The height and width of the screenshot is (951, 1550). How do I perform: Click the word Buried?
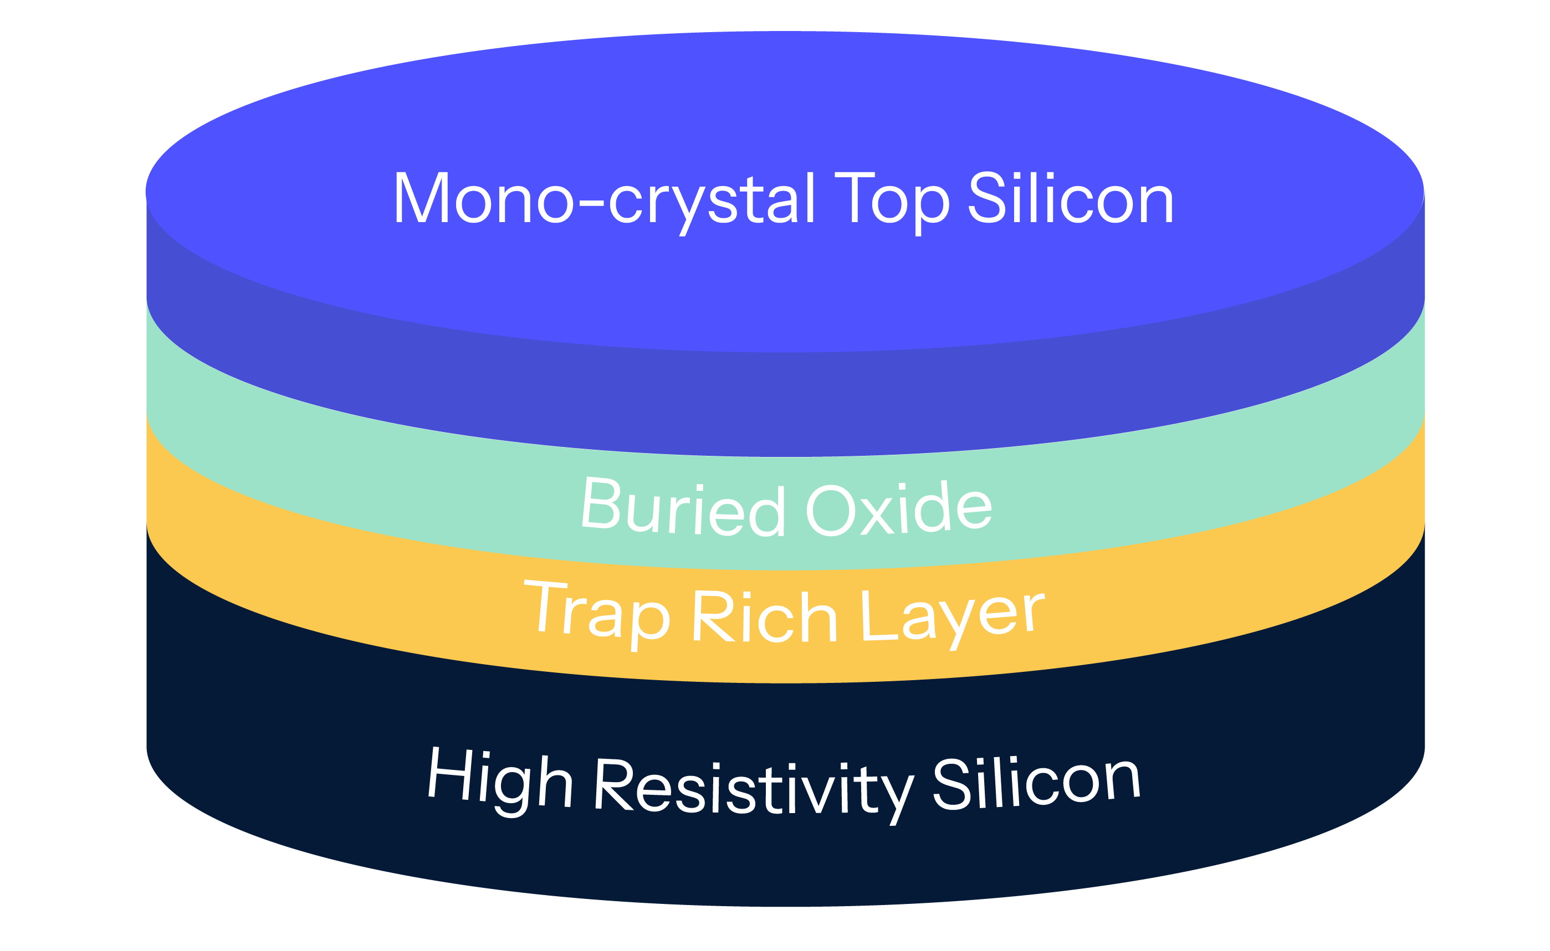(x=683, y=507)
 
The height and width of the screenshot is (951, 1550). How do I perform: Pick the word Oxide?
(x=899, y=508)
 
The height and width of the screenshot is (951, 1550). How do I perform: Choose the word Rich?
(x=765, y=618)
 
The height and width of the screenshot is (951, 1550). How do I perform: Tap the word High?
(x=500, y=780)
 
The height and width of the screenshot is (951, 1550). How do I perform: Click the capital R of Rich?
(x=715, y=618)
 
